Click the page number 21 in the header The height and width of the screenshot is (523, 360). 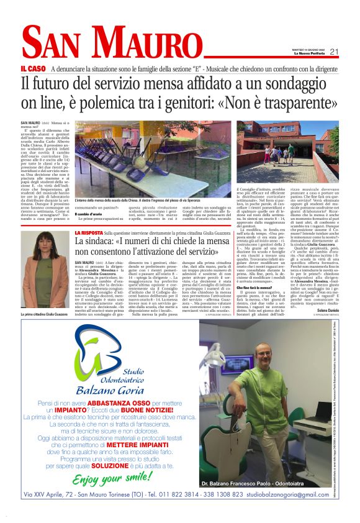[333, 52]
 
